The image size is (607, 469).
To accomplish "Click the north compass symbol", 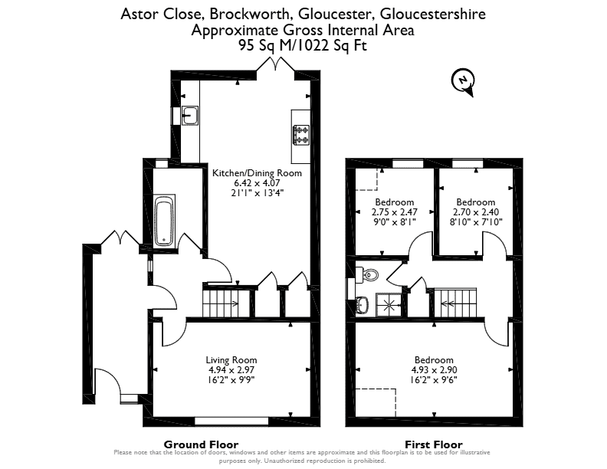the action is [463, 82].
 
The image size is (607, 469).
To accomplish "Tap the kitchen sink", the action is [190, 115].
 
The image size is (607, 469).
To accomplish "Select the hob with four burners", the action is [301, 135].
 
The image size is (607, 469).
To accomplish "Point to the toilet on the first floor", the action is [368, 275].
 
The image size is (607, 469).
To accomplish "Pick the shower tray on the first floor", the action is [389, 304].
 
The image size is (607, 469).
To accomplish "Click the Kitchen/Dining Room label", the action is [257, 173].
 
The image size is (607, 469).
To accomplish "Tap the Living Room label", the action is [231, 360].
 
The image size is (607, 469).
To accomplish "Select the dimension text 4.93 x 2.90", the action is [434, 370].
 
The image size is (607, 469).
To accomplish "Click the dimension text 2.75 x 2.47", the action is [395, 212].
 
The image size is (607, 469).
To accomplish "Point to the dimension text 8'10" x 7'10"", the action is [476, 222].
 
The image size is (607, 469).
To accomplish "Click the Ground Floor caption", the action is [201, 444].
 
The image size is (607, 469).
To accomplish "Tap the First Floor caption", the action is [434, 444].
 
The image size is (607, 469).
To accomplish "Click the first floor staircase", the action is [455, 303].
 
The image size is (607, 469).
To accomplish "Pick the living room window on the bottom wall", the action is [231, 421].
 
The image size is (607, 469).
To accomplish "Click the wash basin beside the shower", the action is [363, 304].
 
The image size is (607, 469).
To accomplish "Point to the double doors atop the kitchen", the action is [276, 64].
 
